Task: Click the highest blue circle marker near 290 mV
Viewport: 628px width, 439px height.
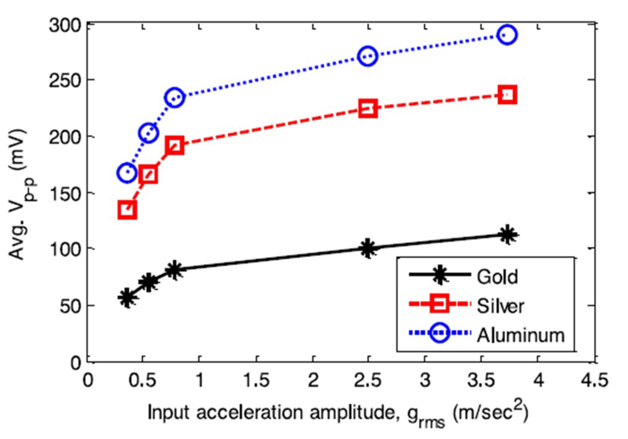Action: pos(507,35)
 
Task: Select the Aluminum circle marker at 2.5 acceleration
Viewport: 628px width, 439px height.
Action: pos(368,56)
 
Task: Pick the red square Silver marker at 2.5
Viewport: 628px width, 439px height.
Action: pos(368,108)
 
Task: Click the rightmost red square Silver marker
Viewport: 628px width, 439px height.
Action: pos(507,95)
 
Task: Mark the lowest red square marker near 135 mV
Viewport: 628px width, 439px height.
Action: pos(127,210)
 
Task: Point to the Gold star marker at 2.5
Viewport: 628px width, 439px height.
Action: pos(368,248)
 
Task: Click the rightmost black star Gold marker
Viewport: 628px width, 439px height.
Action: pos(507,235)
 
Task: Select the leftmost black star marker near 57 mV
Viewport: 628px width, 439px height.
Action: pos(127,297)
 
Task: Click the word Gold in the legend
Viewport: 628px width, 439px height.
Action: pos(497,276)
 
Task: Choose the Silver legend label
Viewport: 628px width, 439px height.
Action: pos(500,306)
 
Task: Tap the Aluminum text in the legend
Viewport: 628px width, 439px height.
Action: pos(520,335)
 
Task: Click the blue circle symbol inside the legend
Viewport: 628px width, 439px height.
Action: pos(440,333)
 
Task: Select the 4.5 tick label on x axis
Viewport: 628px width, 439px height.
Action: pos(594,380)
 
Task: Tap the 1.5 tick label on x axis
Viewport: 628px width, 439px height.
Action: pos(256,380)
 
